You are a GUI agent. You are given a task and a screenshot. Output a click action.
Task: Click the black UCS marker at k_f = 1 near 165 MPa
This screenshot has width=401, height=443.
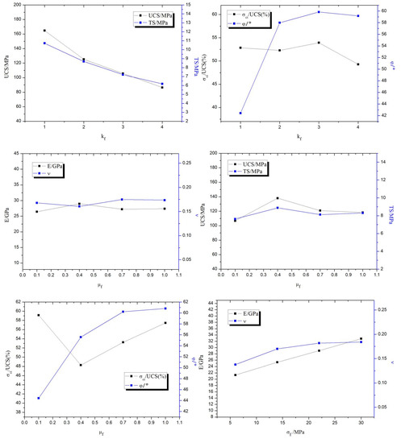click(44, 31)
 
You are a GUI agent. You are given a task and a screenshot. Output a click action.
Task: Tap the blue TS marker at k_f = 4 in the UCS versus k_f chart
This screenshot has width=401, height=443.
click(162, 84)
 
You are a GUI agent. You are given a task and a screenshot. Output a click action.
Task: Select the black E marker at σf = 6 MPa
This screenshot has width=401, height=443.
click(236, 375)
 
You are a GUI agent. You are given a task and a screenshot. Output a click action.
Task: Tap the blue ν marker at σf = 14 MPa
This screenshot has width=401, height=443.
click(278, 349)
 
